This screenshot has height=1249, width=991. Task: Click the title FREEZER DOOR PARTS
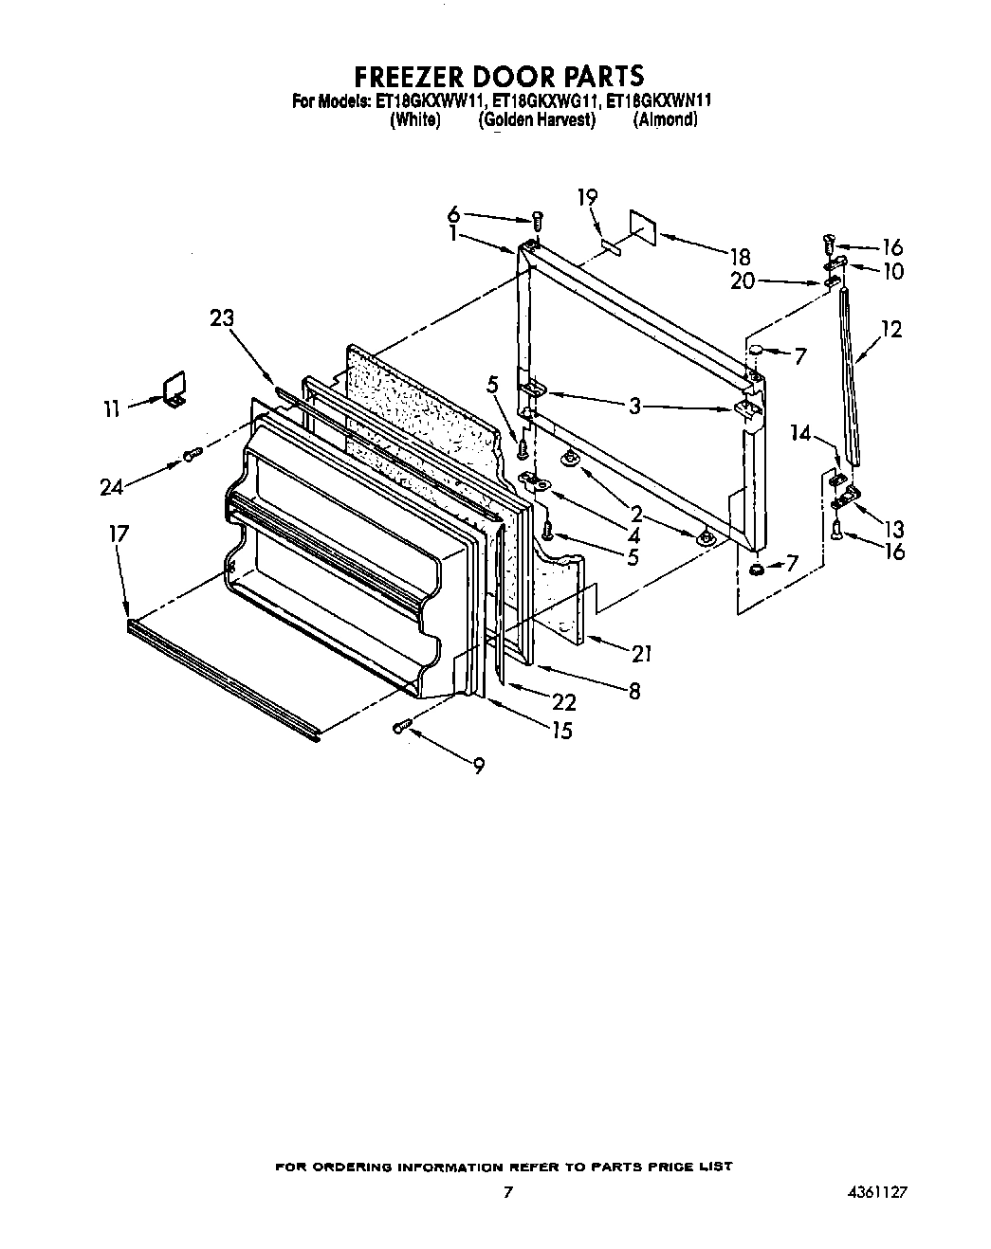pos(499,75)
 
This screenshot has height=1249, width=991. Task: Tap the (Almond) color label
pos(665,119)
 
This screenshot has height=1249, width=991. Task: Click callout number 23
pos(222,318)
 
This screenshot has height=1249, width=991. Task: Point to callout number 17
pos(119,534)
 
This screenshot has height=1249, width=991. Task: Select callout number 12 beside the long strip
pos(890,330)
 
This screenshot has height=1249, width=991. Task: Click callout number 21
pos(642,653)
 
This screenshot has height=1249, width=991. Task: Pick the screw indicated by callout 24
pos(192,454)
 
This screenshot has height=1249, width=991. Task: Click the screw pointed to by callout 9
pos(401,727)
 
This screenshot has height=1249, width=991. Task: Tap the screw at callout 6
pos(537,219)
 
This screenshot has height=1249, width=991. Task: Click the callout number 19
pos(587,197)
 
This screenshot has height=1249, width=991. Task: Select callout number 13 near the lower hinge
pos(892,529)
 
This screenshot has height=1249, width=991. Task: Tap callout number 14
pos(801,434)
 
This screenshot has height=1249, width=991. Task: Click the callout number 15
pos(561,731)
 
